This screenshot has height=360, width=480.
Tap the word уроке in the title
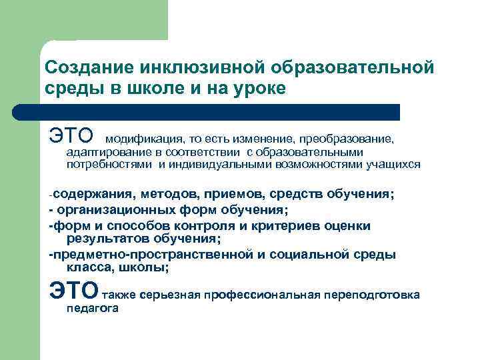point(259,89)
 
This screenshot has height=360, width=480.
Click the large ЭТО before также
point(73,291)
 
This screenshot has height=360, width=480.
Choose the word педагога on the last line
point(92,308)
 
